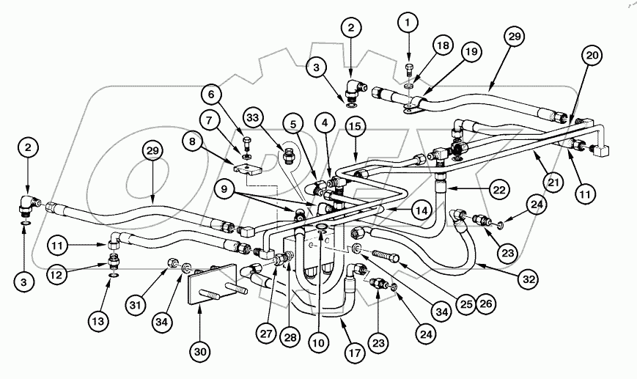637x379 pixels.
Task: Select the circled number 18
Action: pyautogui.click(x=441, y=45)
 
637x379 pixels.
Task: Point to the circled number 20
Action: pyautogui.click(x=592, y=56)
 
